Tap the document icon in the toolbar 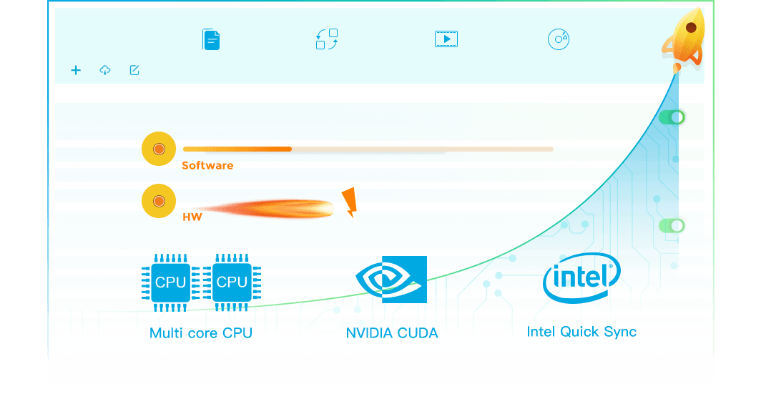point(211,39)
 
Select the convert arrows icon point(327,39)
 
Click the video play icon point(446,39)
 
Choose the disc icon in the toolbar point(559,39)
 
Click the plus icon point(76,70)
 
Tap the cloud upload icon point(105,70)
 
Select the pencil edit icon point(134,70)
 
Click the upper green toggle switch point(672,117)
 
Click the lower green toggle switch point(672,226)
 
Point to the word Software point(207,165)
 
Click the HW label point(192,217)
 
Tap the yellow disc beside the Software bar point(159,149)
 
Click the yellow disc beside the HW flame point(159,201)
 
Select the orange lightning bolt point(349,204)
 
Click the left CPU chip point(170,282)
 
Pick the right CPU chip point(232,282)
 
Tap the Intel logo point(581,279)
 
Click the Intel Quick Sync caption point(581,332)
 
